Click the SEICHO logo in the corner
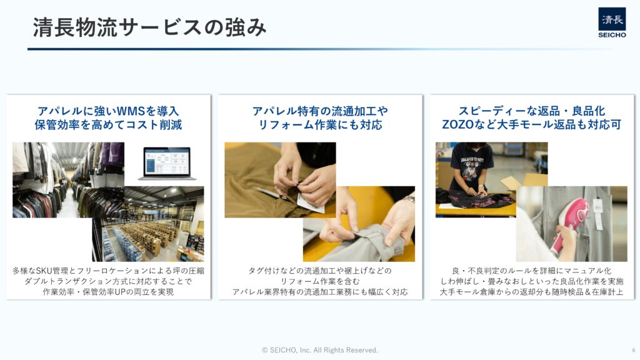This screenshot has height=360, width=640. pos(612,23)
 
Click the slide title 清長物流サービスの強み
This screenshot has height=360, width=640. pos(150,27)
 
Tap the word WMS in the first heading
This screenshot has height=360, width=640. pos(131,111)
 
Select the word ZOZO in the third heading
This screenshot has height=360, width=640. pos(458,124)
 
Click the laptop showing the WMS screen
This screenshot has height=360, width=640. pos(167,164)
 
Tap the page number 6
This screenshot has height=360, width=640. pos(634,350)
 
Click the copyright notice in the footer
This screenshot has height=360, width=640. pos(320,350)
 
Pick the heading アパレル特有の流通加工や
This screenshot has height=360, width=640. pos(320,111)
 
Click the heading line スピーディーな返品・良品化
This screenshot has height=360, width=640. pos(531,111)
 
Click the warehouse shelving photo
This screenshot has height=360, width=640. pos(148,224)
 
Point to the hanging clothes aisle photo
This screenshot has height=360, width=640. pos(68,179)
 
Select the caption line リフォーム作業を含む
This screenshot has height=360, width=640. pos(320,281)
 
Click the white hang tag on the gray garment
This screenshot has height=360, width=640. pos(597,214)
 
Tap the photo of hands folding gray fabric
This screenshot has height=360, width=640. pos(359,224)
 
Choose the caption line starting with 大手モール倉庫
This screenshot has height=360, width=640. pos(531,292)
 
